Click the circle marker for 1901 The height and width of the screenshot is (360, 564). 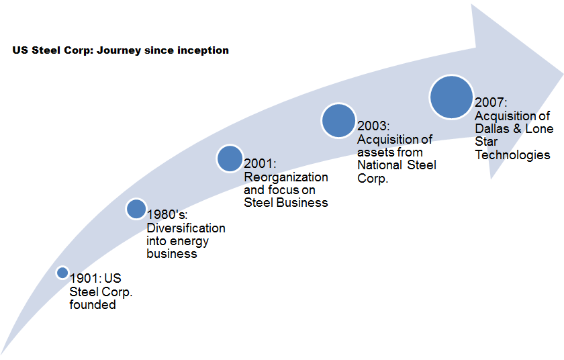(x=62, y=273)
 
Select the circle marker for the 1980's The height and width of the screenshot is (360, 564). (x=136, y=209)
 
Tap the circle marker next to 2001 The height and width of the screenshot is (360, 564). (x=230, y=159)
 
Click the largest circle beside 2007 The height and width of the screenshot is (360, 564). (x=451, y=97)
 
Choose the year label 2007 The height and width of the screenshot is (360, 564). (x=489, y=103)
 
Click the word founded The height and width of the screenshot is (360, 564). (x=93, y=304)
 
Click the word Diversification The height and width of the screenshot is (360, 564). (x=186, y=228)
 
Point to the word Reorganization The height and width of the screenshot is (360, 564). (x=286, y=177)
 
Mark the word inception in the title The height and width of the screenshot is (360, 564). (x=201, y=50)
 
